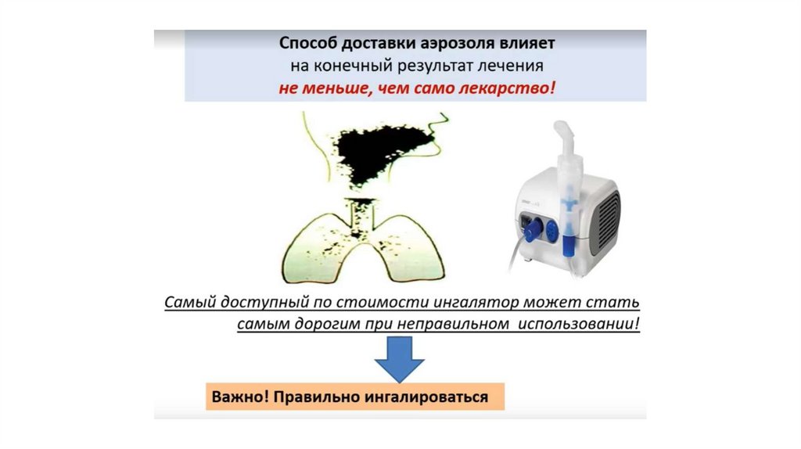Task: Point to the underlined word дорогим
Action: [328, 325]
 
